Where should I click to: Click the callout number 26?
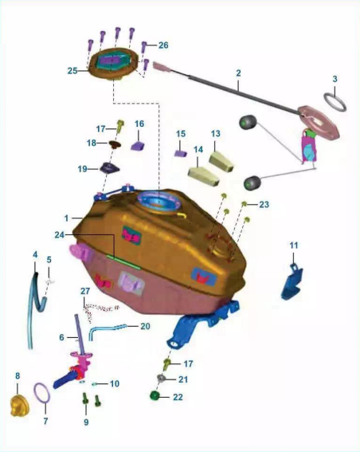coord(163,45)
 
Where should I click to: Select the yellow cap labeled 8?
coord(20,407)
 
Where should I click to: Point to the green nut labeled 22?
coord(155,395)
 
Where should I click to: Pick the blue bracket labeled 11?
coord(292,281)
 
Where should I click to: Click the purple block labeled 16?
coord(138,146)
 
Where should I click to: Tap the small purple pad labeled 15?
coord(180,153)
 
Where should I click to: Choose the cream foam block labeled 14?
coord(203,176)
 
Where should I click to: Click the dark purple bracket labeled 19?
coord(109,168)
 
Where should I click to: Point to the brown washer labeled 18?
coord(115,143)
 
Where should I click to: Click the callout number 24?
coord(60,235)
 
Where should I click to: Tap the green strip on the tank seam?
coord(123,261)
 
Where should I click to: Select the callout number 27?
coord(85,291)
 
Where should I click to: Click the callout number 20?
coord(145,326)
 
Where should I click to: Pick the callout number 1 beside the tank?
coord(67,218)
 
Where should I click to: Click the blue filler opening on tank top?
coord(158,201)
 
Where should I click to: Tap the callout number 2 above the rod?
coord(238,73)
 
